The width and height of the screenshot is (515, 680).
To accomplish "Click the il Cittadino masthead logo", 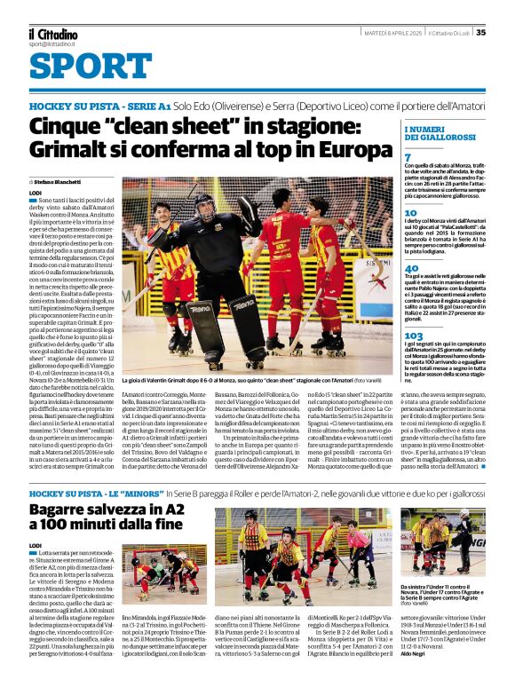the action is tap(51, 32).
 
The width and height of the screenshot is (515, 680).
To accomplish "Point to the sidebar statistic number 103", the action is tap(413, 336).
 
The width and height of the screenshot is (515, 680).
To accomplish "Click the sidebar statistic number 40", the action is tap(411, 267).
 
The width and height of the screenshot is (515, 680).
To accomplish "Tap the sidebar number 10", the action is tap(410, 213).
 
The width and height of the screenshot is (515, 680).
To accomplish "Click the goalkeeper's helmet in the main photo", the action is tap(204, 206).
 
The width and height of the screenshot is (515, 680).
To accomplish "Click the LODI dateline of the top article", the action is tap(35, 193).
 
